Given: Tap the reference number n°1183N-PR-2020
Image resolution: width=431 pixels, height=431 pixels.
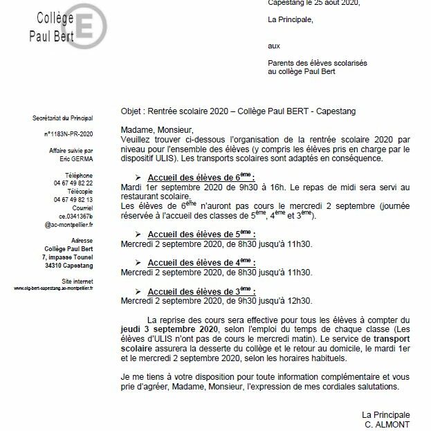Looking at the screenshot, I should coord(68,133).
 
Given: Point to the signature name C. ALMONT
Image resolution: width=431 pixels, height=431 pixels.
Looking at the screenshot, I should coord(387,424).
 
